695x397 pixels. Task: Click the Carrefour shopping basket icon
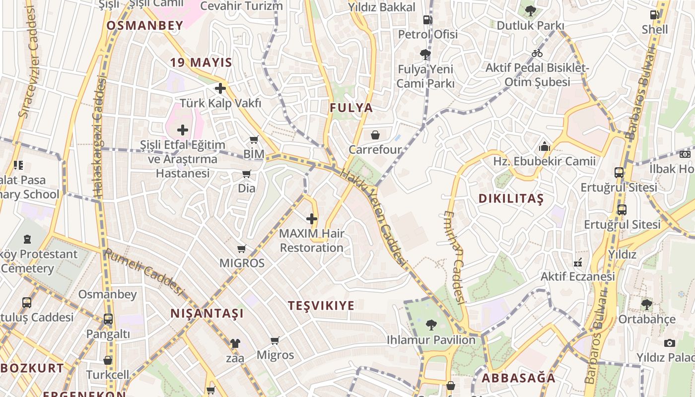point(375,134)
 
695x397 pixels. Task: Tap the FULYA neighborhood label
point(351,108)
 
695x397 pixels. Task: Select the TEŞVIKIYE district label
point(322,306)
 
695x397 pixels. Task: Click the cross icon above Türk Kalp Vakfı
point(220,88)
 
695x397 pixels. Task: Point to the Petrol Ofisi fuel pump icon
point(427,20)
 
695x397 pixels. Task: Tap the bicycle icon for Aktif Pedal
point(537,53)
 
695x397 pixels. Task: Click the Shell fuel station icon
point(655,15)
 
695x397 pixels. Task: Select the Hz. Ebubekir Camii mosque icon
point(545,147)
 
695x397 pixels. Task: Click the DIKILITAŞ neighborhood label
point(511,199)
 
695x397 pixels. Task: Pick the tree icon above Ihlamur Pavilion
point(431,325)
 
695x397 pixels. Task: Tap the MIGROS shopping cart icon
point(242,249)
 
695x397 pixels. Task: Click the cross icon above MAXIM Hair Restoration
point(312,218)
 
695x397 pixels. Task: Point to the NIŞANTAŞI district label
point(207,314)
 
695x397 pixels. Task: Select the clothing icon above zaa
point(235,343)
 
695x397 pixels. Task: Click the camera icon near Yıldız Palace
point(670,343)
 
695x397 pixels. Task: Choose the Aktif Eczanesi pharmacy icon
point(578,262)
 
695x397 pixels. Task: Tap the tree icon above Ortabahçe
point(646,304)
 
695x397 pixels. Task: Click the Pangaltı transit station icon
point(108,319)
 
